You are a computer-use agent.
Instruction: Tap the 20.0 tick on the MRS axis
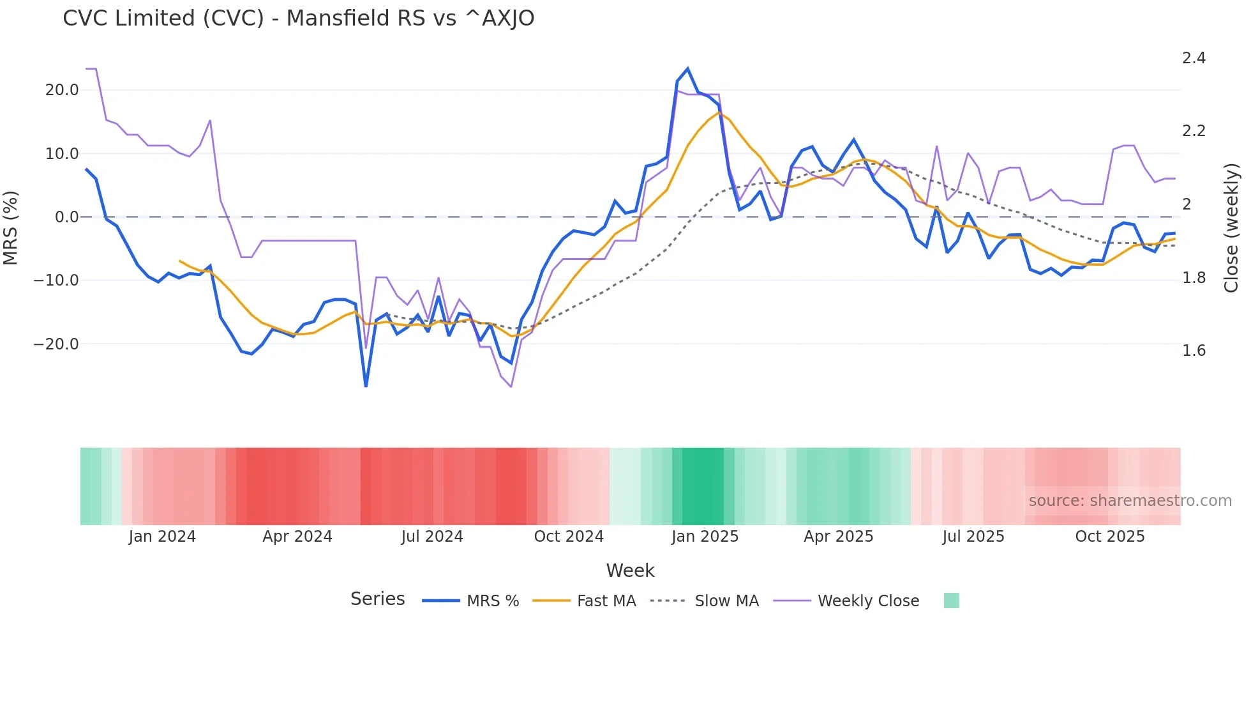pyautogui.click(x=62, y=90)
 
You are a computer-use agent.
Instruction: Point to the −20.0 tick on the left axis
pyautogui.click(x=57, y=344)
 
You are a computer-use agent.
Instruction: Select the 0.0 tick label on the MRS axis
pyautogui.click(x=66, y=217)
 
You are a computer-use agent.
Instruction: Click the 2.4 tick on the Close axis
pyautogui.click(x=1194, y=58)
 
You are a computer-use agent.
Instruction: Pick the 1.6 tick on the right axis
pyautogui.click(x=1194, y=351)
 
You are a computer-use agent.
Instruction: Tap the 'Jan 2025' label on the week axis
pyautogui.click(x=705, y=537)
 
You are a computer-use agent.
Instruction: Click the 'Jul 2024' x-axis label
pyautogui.click(x=432, y=537)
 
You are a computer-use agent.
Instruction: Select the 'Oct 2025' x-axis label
pyautogui.click(x=1110, y=537)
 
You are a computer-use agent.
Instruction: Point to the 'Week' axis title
pyautogui.click(x=630, y=570)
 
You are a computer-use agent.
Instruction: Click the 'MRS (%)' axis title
pyautogui.click(x=11, y=227)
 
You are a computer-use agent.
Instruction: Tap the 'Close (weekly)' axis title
pyautogui.click(x=1231, y=227)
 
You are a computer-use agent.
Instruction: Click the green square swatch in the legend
pyautogui.click(x=951, y=601)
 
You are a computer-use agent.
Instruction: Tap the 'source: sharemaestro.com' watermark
pyautogui.click(x=1130, y=501)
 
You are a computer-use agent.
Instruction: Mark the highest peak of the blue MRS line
pyautogui.click(x=687, y=68)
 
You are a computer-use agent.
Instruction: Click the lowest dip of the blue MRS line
pyautogui.click(x=366, y=386)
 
